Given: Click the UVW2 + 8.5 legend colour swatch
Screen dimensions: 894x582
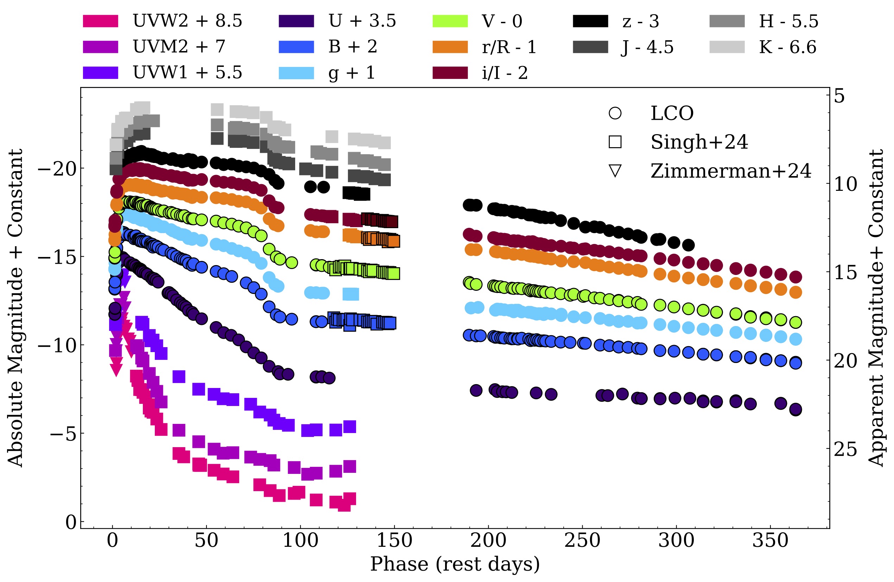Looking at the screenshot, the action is pos(100,21).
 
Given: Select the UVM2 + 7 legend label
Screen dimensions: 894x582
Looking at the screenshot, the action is pos(179,46).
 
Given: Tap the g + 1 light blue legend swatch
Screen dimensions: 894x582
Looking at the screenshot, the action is pos(296,73).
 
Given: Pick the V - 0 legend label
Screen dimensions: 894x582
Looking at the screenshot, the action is pos(502,21).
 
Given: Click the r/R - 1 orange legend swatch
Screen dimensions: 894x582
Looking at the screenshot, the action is pos(450,47).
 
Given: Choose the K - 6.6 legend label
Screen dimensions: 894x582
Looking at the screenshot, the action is pos(788,47).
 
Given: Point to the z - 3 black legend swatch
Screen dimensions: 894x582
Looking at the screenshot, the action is pos(590,21).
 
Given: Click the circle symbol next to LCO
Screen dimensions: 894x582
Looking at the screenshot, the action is pos(615,113).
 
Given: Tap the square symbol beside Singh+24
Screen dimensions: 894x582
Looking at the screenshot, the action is pos(615,142).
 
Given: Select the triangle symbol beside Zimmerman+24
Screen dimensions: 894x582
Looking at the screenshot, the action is pos(615,171).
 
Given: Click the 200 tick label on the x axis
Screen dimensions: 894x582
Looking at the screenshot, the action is pos(488,541).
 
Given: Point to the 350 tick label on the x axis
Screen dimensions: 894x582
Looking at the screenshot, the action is pos(770,541).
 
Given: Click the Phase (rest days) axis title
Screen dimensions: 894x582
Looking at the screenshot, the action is pos(455,564).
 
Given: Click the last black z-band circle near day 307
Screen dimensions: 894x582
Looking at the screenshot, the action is pos(688,245).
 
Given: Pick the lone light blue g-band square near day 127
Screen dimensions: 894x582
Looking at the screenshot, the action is pos(351,294).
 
